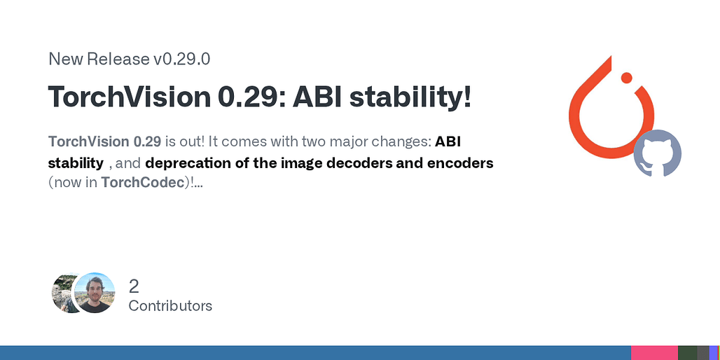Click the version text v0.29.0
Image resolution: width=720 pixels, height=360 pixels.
click(x=181, y=60)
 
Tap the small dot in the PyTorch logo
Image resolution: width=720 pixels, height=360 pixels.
click(x=627, y=77)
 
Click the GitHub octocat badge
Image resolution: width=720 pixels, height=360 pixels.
click(x=658, y=153)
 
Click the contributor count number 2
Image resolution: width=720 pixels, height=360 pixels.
click(x=134, y=287)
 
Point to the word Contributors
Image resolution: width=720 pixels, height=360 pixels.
click(x=170, y=306)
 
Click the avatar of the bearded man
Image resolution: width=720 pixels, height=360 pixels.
click(x=95, y=293)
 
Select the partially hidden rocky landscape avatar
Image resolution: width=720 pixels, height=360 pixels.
click(x=62, y=293)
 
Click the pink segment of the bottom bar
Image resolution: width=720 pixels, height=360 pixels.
click(x=654, y=353)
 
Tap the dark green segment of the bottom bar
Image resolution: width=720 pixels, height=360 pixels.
click(x=687, y=353)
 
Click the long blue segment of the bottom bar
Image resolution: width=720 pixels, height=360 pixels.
click(x=315, y=353)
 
